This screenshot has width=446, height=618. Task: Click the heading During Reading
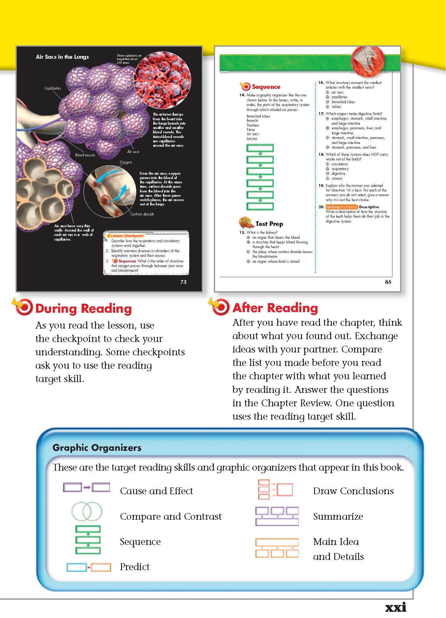point(83,309)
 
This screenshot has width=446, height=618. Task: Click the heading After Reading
point(275,308)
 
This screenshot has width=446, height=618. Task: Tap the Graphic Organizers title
point(97,448)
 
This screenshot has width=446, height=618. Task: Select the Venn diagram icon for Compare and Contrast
point(87,512)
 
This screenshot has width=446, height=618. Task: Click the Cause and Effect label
point(156,491)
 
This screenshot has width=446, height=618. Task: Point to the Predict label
point(135,567)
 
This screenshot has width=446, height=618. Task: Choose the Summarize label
point(338,516)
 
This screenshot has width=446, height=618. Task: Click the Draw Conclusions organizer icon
point(275,490)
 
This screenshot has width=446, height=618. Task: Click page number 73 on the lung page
point(183,282)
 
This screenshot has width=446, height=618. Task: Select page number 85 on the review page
point(388,282)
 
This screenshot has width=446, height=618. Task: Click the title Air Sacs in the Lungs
point(62,57)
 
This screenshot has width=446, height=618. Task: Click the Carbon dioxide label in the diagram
point(142,214)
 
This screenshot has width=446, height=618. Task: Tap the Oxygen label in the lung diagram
point(126,162)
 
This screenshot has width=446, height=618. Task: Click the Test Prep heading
point(269,224)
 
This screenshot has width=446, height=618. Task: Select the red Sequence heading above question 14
point(266,87)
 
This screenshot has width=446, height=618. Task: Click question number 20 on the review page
point(321,207)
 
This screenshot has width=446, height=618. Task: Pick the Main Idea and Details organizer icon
point(277,548)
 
